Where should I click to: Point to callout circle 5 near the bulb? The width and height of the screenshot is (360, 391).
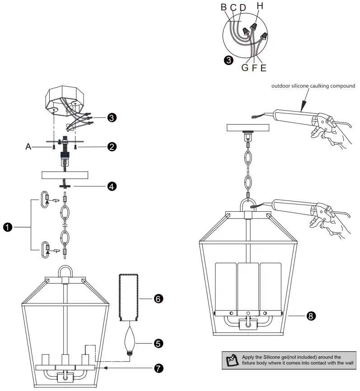tap(158, 343)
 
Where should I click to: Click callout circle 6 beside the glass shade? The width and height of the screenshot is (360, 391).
tap(158, 299)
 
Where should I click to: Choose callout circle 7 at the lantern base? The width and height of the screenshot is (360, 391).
tap(158, 368)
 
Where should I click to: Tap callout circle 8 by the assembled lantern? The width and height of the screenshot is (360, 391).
tap(310, 316)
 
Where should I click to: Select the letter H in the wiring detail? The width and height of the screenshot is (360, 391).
tap(259, 6)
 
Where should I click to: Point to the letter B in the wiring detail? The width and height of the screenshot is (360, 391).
tap(223, 7)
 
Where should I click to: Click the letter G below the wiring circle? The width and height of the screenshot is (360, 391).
tap(244, 68)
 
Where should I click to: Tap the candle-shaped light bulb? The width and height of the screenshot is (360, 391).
tap(131, 341)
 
